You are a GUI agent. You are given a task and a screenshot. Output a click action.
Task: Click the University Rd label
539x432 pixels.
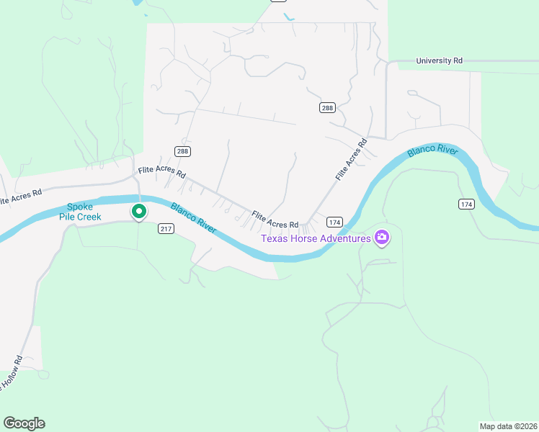pos(439,61)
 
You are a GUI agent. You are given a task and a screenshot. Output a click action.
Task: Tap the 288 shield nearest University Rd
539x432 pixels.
pos(327,107)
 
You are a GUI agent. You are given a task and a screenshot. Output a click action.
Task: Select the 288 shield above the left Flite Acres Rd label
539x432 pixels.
pos(182,151)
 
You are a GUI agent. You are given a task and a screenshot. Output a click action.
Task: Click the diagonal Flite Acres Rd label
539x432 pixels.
pos(351,159)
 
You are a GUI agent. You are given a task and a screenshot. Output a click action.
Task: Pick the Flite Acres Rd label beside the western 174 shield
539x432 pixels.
pos(275,220)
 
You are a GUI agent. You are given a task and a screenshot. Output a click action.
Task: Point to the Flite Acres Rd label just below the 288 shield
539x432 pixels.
pos(162,173)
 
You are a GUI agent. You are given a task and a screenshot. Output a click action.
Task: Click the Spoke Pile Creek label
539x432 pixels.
pos(84,211)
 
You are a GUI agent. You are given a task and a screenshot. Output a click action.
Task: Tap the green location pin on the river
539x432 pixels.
pos(138,212)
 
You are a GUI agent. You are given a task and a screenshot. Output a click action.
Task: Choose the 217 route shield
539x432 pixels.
pos(166,229)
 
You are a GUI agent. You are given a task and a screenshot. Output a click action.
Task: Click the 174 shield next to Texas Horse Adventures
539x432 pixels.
pos(334,222)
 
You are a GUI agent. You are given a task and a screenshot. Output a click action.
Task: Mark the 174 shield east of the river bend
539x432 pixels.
pos(466,204)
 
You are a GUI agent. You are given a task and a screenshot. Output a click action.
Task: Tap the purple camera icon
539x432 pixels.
pos(382,238)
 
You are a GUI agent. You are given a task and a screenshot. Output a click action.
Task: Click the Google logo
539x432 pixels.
pos(24,423)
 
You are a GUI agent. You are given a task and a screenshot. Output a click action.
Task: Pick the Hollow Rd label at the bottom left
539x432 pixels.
pos(11,373)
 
